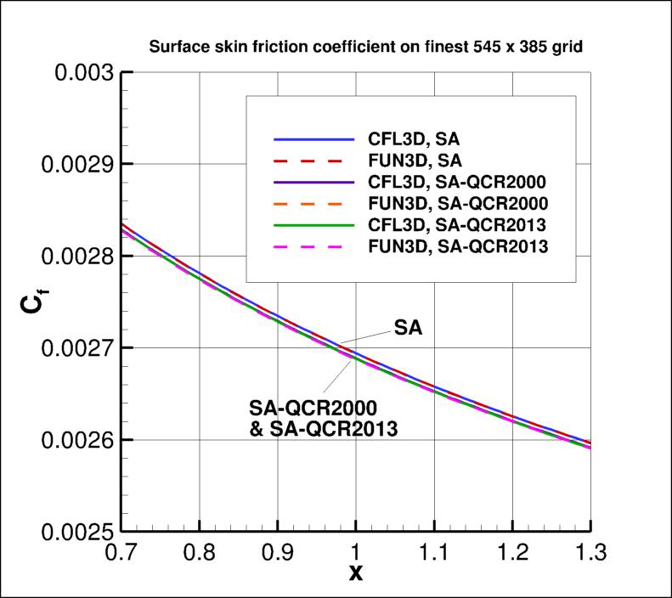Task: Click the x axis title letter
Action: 356,573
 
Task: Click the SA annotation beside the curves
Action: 408,326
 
